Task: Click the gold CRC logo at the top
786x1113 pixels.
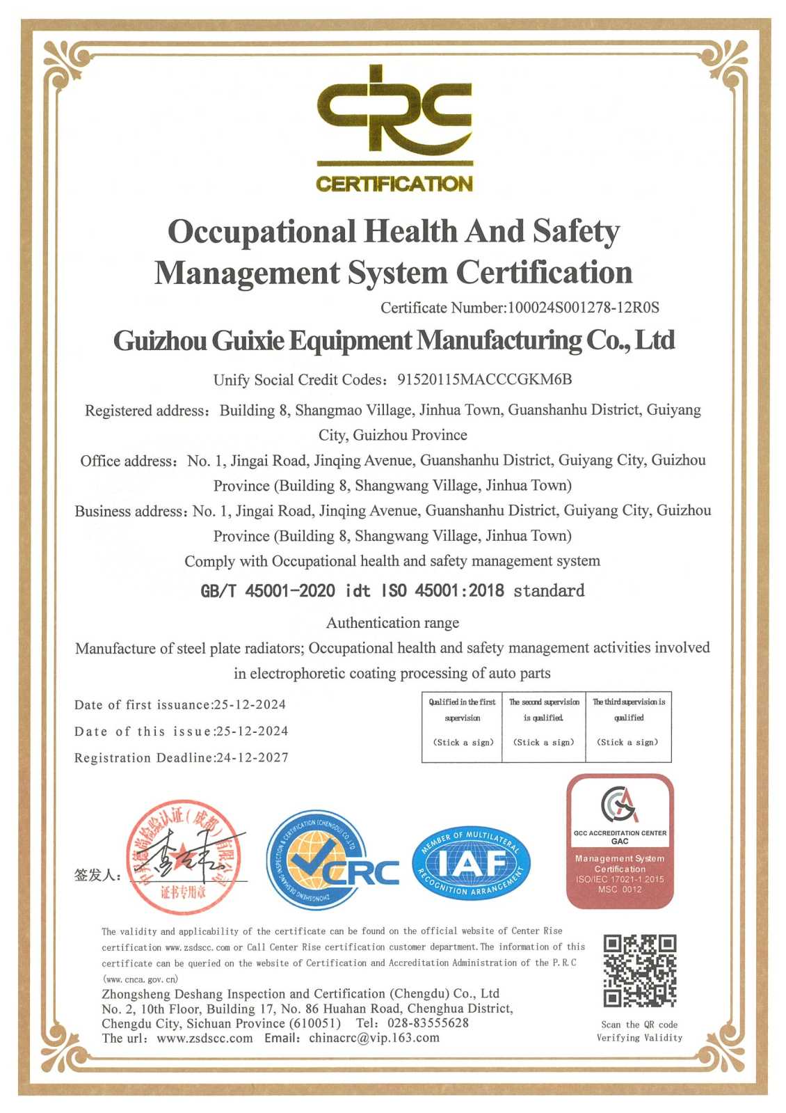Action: (x=394, y=129)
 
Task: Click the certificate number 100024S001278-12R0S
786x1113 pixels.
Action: (x=583, y=308)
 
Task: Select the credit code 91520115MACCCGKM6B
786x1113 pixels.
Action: (x=484, y=379)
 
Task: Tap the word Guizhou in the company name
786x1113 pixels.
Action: (x=160, y=341)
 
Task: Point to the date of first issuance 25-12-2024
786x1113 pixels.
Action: (x=250, y=704)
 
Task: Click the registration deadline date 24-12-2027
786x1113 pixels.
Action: (x=252, y=757)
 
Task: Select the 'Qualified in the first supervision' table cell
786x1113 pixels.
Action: (x=462, y=726)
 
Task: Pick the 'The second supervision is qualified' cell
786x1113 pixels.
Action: (x=543, y=726)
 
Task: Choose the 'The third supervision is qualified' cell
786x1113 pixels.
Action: (x=628, y=726)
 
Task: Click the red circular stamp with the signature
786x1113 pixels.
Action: (x=184, y=856)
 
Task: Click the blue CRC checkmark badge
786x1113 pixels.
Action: (x=330, y=860)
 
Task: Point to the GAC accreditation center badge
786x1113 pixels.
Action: (x=620, y=841)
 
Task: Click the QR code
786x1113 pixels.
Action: (x=639, y=970)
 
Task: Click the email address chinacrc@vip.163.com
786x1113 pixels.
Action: (x=374, y=1038)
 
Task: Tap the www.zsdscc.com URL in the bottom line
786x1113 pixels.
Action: (x=204, y=1038)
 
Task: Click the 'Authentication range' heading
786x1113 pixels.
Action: (x=393, y=622)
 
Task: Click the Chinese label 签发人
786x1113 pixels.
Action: (x=97, y=875)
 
